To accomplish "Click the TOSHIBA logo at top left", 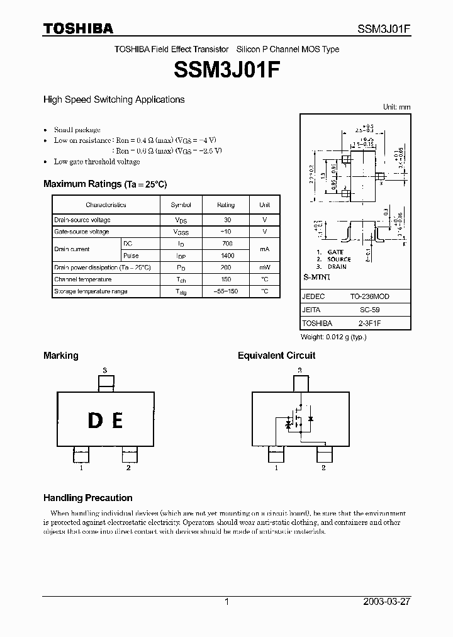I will click(x=78, y=28).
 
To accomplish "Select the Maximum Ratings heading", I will click(x=105, y=184).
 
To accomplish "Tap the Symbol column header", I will click(x=181, y=205).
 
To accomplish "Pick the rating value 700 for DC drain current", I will click(x=227, y=244).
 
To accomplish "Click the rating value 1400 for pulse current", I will click(x=227, y=256).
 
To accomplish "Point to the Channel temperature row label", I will click(x=82, y=279).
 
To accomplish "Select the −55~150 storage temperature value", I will click(x=226, y=291).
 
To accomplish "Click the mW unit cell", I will click(x=264, y=268).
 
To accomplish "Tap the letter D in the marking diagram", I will click(x=95, y=420).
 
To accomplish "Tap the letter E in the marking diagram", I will click(x=117, y=420).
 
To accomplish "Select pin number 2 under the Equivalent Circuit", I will click(x=323, y=468).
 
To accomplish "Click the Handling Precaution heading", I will click(x=87, y=497).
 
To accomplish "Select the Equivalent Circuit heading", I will click(x=276, y=356).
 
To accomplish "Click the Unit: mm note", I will click(x=396, y=107).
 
